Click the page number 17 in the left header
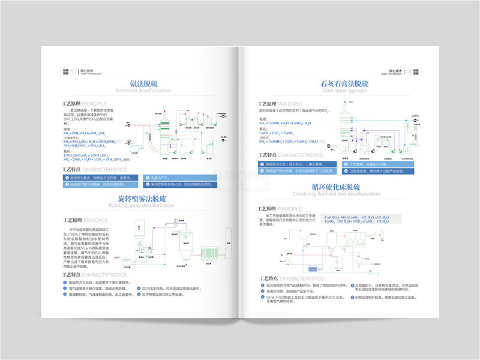(74, 71)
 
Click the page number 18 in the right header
(409, 71)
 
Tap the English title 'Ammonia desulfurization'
(143, 91)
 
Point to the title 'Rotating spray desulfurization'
(143, 206)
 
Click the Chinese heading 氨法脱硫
(143, 83)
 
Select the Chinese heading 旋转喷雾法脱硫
(143, 198)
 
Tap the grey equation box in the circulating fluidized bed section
(356, 219)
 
